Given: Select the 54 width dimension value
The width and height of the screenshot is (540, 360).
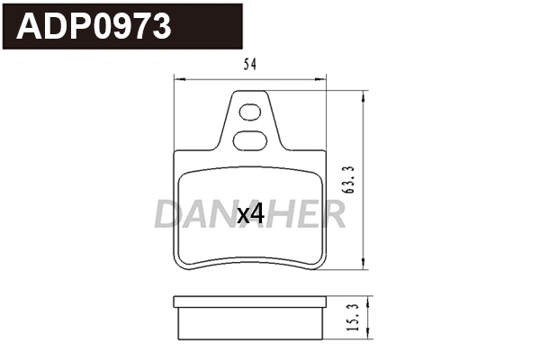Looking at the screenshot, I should (247, 63).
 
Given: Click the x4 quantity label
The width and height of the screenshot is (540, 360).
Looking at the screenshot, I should (249, 214).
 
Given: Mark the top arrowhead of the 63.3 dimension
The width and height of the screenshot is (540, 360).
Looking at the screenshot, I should (363, 93).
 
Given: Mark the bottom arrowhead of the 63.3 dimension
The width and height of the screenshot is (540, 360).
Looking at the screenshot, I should (363, 266).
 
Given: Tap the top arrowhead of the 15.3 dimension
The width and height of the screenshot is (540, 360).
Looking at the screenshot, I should (363, 298).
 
